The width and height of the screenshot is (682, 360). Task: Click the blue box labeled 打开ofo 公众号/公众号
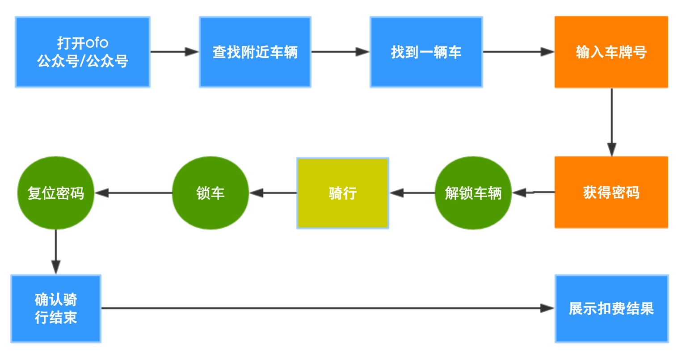82,52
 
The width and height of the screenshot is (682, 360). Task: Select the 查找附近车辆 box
255,52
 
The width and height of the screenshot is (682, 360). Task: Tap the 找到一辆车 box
426,52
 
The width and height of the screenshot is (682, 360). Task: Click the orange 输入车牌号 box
611,52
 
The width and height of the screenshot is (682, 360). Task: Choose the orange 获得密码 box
611,193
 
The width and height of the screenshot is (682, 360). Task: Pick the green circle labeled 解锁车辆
473,193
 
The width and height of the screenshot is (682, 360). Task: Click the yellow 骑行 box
342,193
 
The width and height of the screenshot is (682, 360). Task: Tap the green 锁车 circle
210,193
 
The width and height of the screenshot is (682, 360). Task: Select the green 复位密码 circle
56,193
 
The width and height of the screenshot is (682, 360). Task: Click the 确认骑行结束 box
56,308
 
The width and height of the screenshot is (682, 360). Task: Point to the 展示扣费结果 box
611,308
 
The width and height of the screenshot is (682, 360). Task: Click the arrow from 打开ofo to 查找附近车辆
174,52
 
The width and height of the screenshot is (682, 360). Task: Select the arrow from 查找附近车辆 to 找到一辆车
340,52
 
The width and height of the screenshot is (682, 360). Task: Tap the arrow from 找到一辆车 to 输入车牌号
518,52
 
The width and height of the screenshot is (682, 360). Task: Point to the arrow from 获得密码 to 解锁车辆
533,193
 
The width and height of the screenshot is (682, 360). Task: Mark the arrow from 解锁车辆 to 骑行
412,193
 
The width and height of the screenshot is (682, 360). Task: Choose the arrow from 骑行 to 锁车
273,193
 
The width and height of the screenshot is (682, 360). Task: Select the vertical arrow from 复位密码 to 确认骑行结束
56,252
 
